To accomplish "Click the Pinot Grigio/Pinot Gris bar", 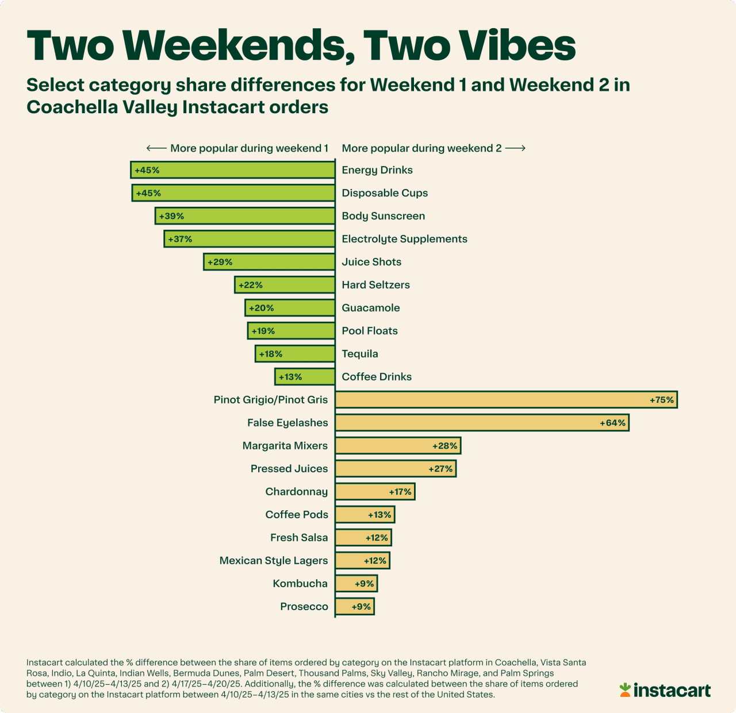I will [x=506, y=400].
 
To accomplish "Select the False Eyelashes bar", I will [x=482, y=423].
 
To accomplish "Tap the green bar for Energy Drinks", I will [x=233, y=170].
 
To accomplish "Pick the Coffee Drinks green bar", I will [x=305, y=377].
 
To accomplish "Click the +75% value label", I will [x=661, y=400].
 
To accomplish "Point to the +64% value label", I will [x=612, y=423].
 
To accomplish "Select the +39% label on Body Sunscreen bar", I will [x=171, y=216].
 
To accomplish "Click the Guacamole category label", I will [x=371, y=308].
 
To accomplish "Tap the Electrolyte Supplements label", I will [x=404, y=239].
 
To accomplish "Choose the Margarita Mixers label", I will [x=285, y=446].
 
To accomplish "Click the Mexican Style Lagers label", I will [x=274, y=561].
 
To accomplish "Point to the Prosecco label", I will [x=304, y=607].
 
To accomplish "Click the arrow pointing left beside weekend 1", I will [x=156, y=148].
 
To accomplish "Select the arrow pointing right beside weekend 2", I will [x=515, y=148].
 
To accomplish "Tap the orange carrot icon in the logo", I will [x=625, y=689].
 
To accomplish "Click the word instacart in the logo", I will [x=672, y=690].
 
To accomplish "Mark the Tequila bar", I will [x=295, y=354].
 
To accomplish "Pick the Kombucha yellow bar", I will [x=356, y=584].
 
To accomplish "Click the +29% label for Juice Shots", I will [x=220, y=262].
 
